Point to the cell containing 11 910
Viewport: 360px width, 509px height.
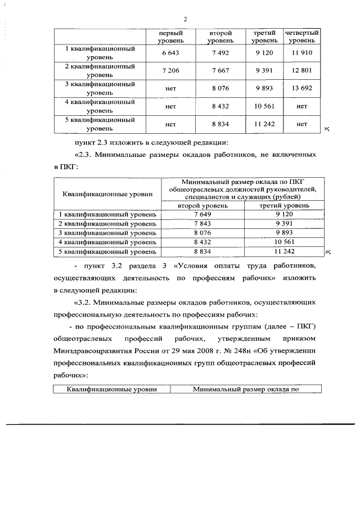tap(301, 53)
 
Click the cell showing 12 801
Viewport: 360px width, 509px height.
tap(301, 70)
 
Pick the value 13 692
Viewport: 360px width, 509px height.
tap(301, 88)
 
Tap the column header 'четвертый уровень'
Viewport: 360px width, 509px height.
tap(302, 37)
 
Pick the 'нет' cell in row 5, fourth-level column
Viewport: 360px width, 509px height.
tap(301, 124)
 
